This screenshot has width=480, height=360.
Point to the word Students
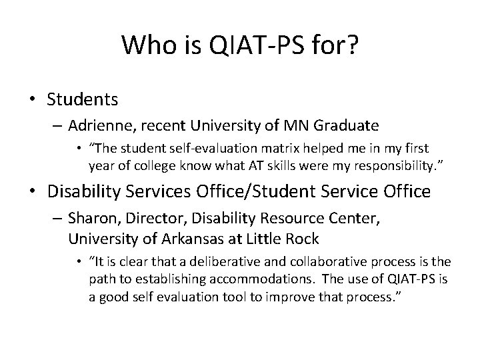coord(83,100)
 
